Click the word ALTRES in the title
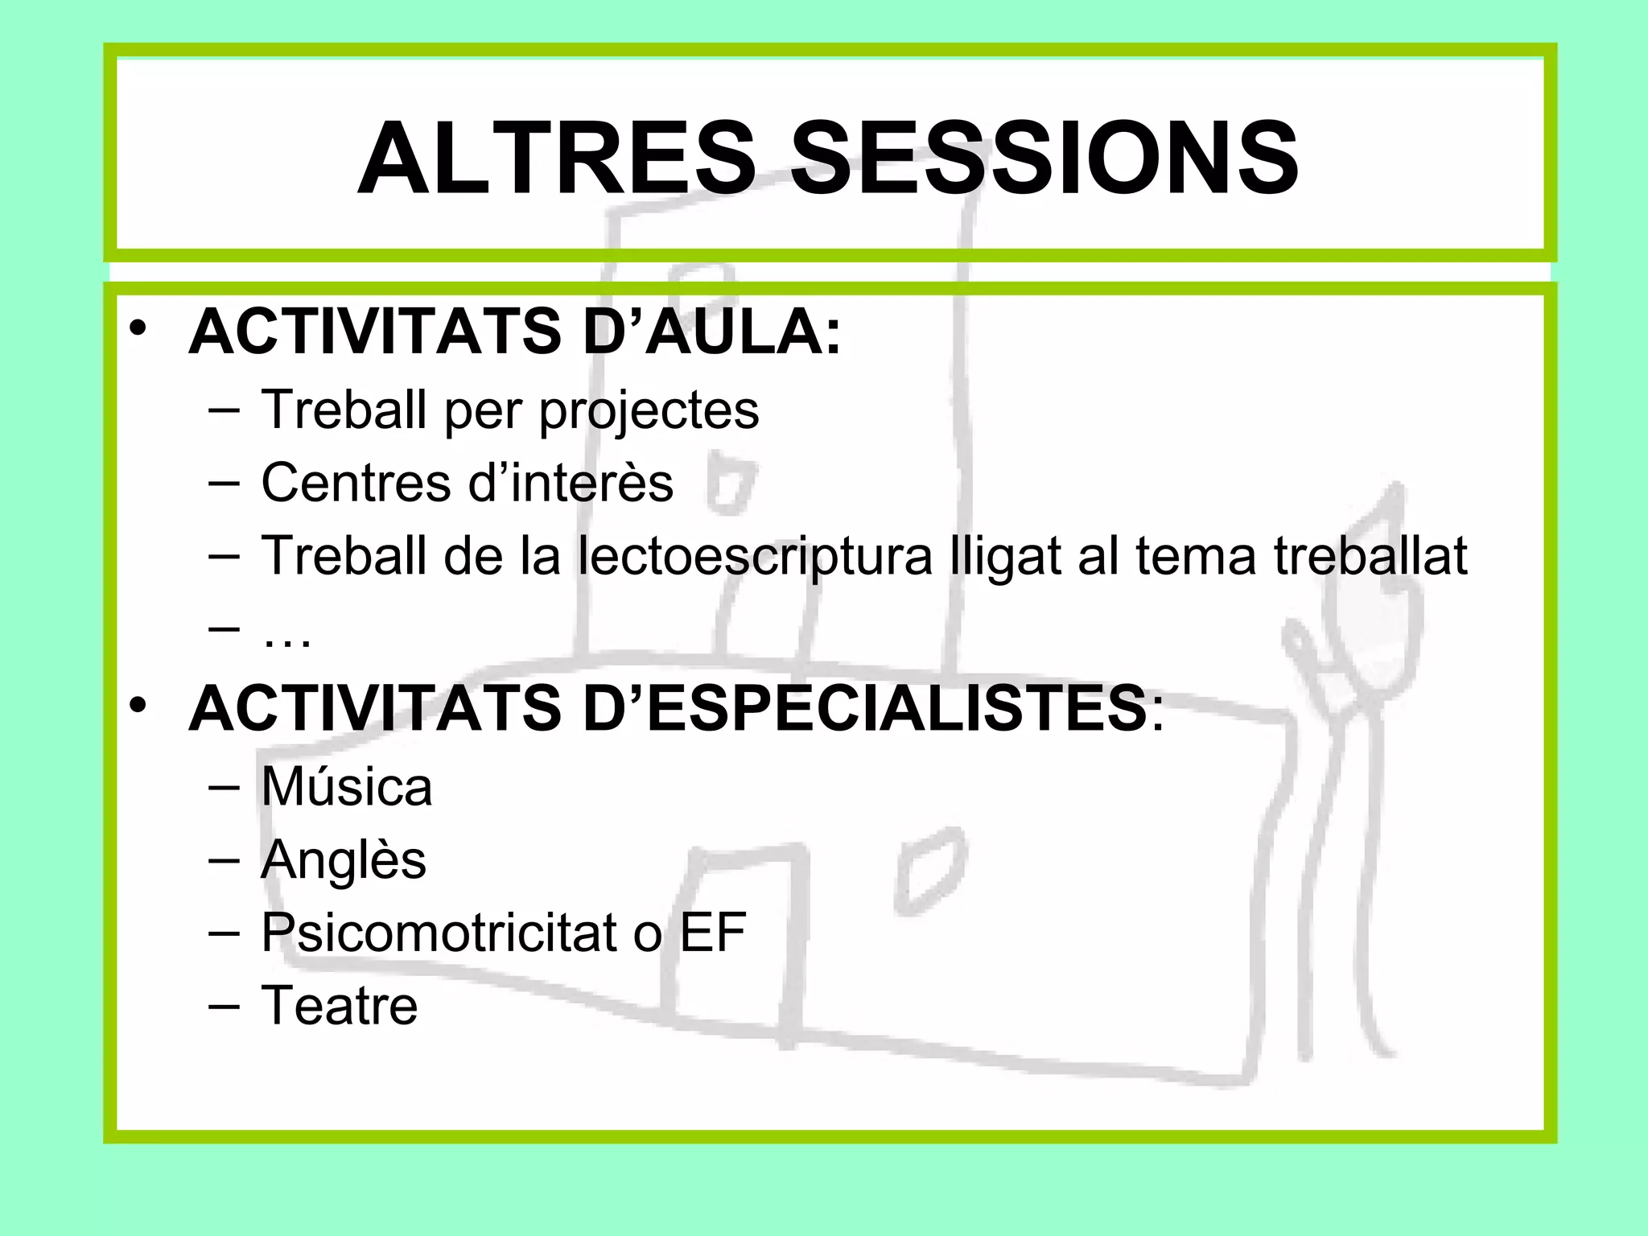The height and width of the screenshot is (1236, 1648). [x=555, y=159]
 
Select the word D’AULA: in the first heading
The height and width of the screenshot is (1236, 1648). [x=712, y=332]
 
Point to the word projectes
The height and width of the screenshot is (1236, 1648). [x=649, y=410]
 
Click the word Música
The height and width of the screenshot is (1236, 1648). [x=347, y=786]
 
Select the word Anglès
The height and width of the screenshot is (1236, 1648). [x=344, y=860]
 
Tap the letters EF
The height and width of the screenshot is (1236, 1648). [x=713, y=933]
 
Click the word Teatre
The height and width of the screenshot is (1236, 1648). [x=340, y=1006]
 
